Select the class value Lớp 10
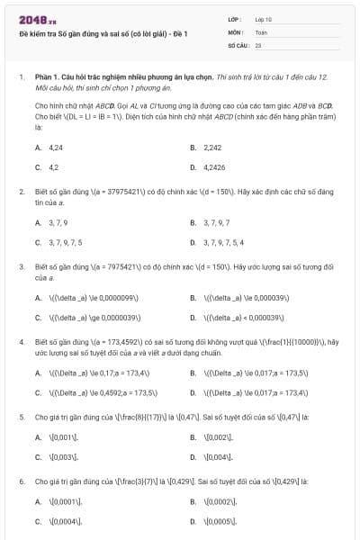[x=264, y=19]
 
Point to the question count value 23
[x=258, y=44]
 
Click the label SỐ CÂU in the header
[x=238, y=44]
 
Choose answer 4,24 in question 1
[x=55, y=147]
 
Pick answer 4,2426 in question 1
[x=215, y=166]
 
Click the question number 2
[x=21, y=192]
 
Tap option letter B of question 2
[x=193, y=222]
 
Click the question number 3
[x=21, y=267]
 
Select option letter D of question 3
[x=193, y=318]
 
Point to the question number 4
[x=21, y=343]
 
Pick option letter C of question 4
[x=38, y=393]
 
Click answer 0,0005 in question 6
[x=220, y=521]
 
